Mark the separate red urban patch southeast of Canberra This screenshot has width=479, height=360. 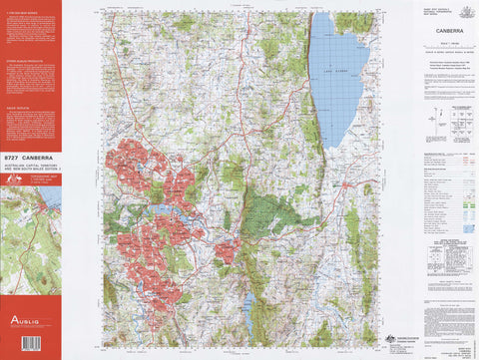(227, 250)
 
